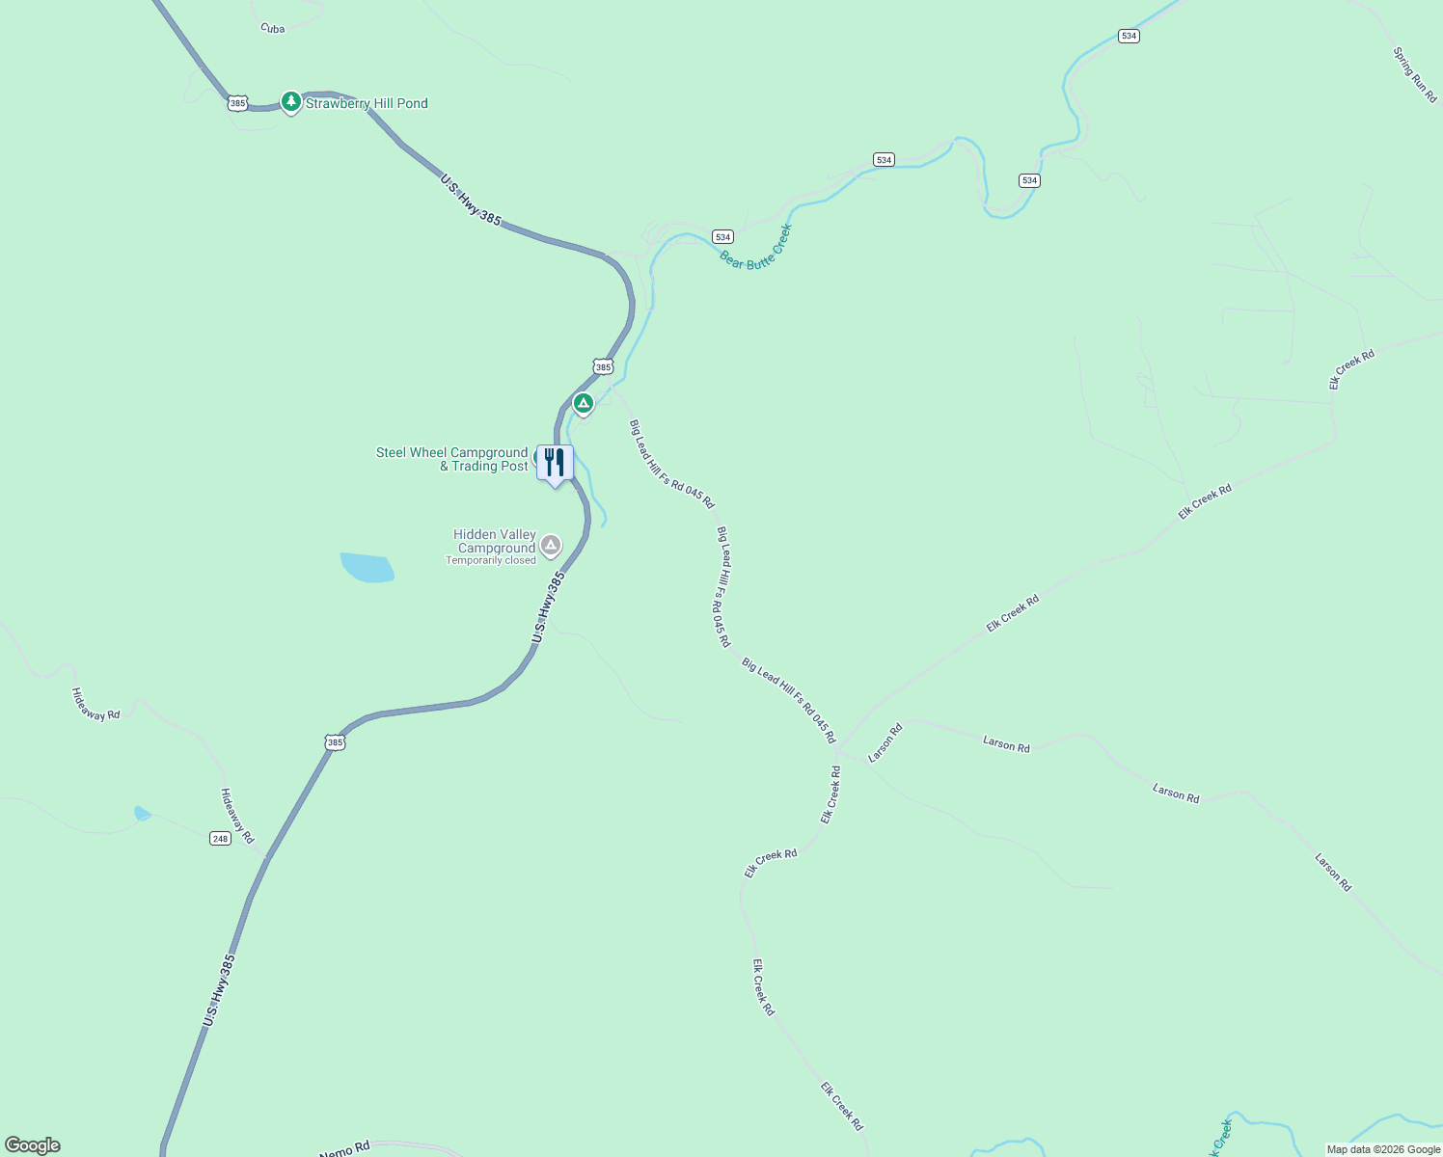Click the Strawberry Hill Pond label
tap(367, 103)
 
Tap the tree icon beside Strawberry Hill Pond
tap(290, 101)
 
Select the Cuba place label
tap(273, 29)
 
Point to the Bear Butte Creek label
tap(755, 248)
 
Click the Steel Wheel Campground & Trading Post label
tap(452, 459)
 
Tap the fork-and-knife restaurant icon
tap(555, 463)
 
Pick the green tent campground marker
tap(583, 403)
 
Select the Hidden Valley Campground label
tap(495, 541)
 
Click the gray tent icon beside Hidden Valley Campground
tap(551, 546)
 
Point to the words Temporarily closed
tap(490, 560)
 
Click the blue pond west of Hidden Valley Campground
tap(368, 567)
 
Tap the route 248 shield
tap(221, 839)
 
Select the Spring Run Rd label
tap(1414, 75)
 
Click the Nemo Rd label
tap(344, 1149)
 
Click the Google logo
tap(33, 1145)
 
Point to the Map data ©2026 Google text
tap(1383, 1149)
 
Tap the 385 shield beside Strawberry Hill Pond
tap(238, 102)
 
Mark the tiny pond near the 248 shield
tap(142, 813)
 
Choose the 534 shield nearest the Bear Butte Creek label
tap(722, 236)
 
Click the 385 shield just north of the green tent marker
tap(603, 366)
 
